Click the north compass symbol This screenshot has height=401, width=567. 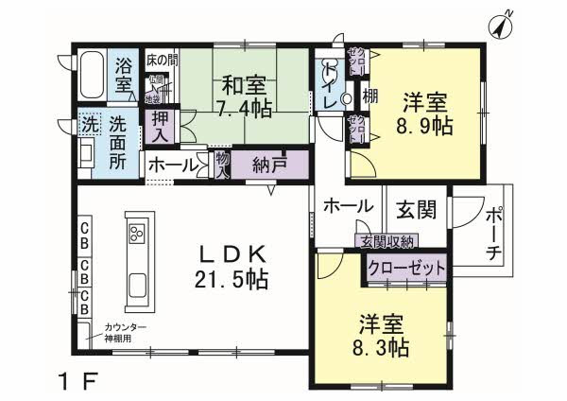pyautogui.click(x=501, y=26)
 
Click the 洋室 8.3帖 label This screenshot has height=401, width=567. pyautogui.click(x=383, y=334)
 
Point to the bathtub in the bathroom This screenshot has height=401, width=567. pyautogui.click(x=91, y=74)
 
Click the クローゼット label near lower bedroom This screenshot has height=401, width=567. pyautogui.click(x=406, y=269)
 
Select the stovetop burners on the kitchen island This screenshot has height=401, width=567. pyautogui.click(x=135, y=233)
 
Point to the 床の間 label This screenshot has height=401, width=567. pyautogui.click(x=161, y=61)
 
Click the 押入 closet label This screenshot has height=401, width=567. pyautogui.click(x=161, y=127)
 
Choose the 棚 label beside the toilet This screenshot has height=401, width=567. pyautogui.click(x=369, y=96)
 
